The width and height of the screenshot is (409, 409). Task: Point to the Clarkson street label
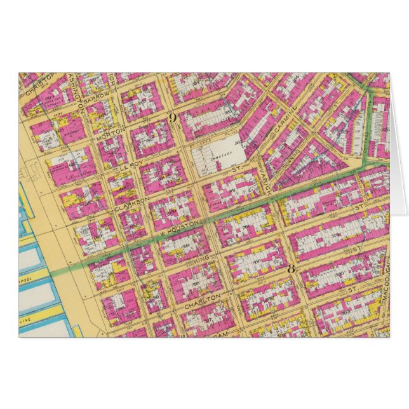132,203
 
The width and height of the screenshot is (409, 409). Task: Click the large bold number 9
171,117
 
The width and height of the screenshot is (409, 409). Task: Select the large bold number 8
291,267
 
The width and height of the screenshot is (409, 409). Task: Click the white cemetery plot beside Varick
212,156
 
